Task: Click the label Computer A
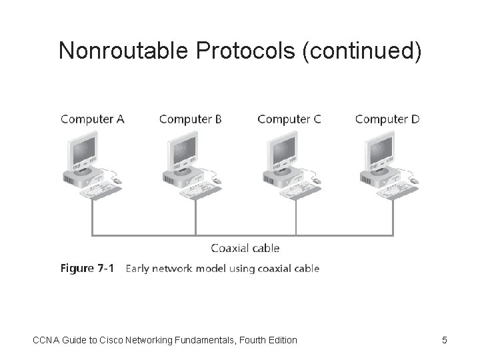[x=93, y=119]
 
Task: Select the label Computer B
[x=191, y=119]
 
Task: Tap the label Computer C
[x=289, y=119]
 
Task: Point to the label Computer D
[x=387, y=119]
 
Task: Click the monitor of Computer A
[x=83, y=150]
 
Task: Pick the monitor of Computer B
[x=181, y=150]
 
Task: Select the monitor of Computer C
[x=280, y=150]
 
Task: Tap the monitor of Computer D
[x=378, y=150]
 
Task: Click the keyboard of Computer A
[x=99, y=192]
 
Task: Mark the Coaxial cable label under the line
[x=245, y=248]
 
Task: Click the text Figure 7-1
[x=87, y=269]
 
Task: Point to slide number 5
[x=445, y=341]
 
